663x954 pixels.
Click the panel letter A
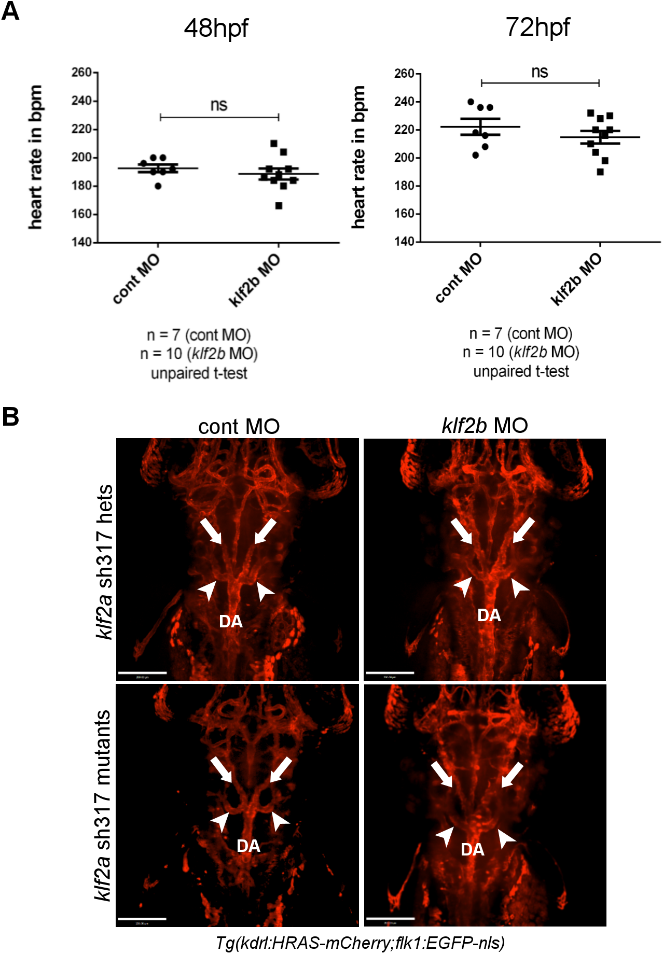tap(10, 11)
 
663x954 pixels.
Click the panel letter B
tap(10, 416)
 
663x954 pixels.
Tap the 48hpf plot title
tap(216, 28)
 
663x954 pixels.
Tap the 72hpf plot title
tap(537, 27)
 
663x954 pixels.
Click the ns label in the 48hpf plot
tap(219, 105)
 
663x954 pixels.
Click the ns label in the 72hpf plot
tap(540, 72)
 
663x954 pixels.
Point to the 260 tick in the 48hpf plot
tap(81, 73)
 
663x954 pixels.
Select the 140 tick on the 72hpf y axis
tap(404, 242)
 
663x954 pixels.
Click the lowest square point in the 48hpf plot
tap(279, 206)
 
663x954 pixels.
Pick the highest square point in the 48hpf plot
tap(274, 143)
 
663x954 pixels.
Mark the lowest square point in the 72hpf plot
tap(600, 172)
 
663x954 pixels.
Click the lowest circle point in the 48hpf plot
tap(158, 186)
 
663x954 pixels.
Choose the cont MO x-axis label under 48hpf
tap(136, 279)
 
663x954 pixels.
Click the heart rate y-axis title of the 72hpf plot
tap(358, 157)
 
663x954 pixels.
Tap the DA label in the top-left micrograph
tap(231, 621)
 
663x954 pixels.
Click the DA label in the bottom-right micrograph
tap(473, 849)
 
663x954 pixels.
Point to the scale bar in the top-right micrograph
tap(390, 672)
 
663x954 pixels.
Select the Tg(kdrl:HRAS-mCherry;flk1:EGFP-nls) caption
tap(360, 943)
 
